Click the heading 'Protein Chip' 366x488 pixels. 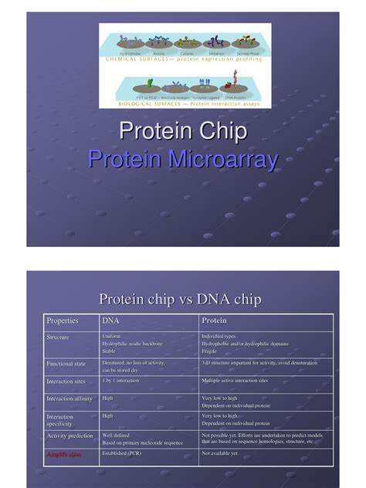pyautogui.click(x=183, y=131)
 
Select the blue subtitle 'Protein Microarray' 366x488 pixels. pyautogui.click(x=183, y=160)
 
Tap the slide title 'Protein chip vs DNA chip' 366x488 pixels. pyautogui.click(x=181, y=299)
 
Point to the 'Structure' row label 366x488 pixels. pyautogui.click(x=58, y=337)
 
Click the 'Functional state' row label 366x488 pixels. pyautogui.click(x=65, y=363)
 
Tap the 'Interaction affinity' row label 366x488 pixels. pyautogui.click(x=69, y=399)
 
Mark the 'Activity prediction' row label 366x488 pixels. pyautogui.click(x=69, y=435)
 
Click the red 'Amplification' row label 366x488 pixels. pyautogui.click(x=63, y=455)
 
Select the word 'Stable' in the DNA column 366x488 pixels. pyautogui.click(x=110, y=351)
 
